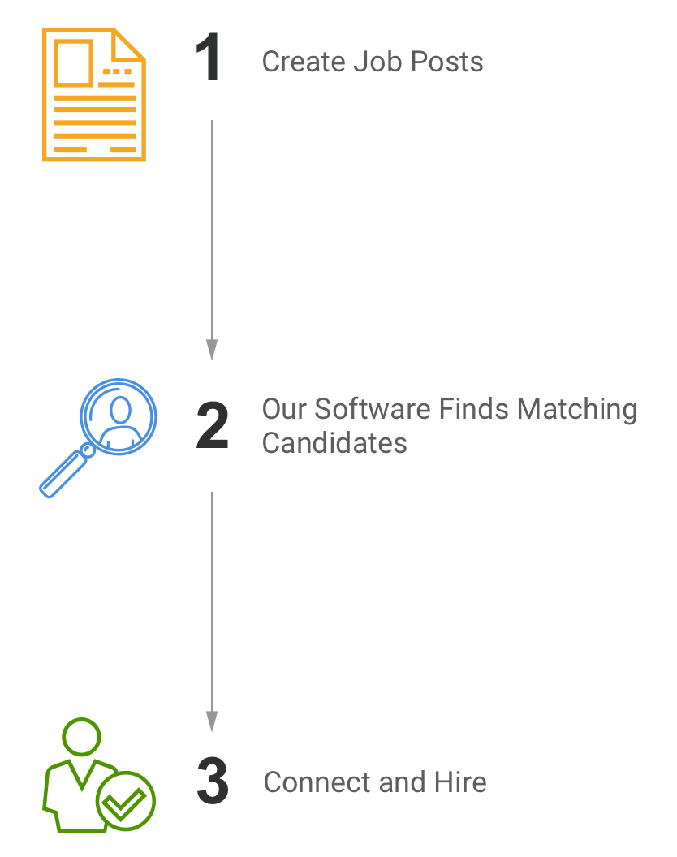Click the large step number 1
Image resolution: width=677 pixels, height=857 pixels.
click(x=209, y=56)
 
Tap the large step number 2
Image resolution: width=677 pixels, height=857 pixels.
click(x=212, y=425)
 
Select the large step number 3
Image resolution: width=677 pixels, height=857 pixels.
click(x=213, y=781)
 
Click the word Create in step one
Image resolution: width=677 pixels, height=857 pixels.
click(x=304, y=61)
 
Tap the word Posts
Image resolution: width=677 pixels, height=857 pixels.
click(x=446, y=61)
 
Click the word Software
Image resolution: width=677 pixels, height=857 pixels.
click(x=373, y=409)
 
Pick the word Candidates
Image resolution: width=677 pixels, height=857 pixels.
click(x=334, y=443)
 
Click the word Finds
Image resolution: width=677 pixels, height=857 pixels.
click(x=473, y=409)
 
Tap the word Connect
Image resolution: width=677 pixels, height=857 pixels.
click(x=317, y=782)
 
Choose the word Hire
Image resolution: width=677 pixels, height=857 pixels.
click(x=460, y=782)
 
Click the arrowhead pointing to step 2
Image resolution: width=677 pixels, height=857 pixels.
click(x=212, y=350)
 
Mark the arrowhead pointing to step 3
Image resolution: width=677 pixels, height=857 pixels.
click(x=212, y=721)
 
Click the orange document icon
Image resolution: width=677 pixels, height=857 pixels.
click(x=94, y=95)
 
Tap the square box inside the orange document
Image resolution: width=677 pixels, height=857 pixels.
click(x=73, y=62)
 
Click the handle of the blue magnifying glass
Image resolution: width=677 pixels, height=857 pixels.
click(x=63, y=473)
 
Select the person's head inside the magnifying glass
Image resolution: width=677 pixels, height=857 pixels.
click(x=120, y=409)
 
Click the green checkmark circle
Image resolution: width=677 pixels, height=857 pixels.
click(x=125, y=801)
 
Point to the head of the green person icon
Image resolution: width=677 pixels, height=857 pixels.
click(x=81, y=737)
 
